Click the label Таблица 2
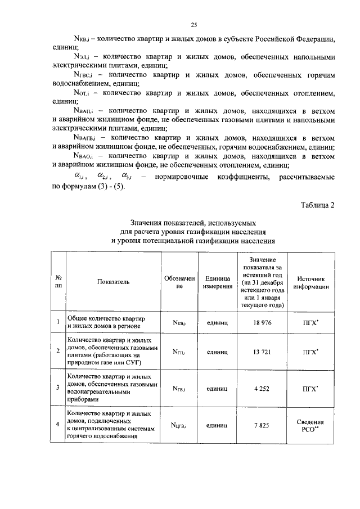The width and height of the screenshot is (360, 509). (x=316, y=205)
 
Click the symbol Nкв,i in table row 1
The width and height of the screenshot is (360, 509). (x=182, y=322)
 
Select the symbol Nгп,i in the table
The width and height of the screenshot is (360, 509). (x=182, y=352)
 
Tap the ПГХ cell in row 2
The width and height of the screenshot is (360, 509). (x=310, y=352)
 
